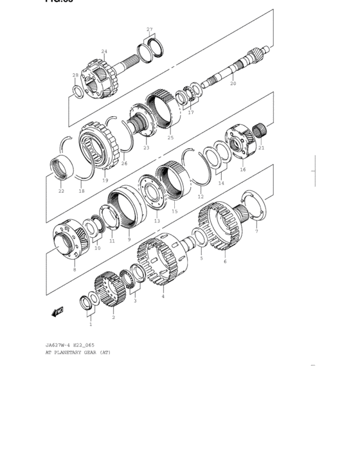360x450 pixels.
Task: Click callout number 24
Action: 104,51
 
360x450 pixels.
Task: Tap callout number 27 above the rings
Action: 150,30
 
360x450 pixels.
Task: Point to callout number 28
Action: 75,75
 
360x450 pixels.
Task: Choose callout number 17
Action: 190,113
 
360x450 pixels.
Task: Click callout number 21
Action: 261,148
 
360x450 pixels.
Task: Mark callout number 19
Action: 105,181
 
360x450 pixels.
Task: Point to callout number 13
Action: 157,221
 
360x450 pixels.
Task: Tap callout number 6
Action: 225,261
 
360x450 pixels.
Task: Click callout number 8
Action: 75,269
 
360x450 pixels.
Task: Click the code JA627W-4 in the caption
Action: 59,345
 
